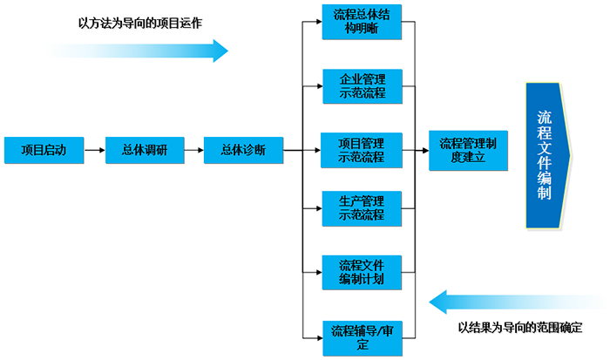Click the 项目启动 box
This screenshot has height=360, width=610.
[x=43, y=149]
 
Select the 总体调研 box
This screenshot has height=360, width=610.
[x=142, y=149]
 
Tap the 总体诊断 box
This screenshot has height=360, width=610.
[x=242, y=149]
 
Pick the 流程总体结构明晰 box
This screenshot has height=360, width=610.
[x=363, y=22]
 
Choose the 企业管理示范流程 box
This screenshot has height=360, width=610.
[x=363, y=85]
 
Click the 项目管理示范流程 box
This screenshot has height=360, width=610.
[x=363, y=149]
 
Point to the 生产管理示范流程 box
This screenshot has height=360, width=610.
[x=363, y=208]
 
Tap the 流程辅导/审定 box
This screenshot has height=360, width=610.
[x=363, y=337]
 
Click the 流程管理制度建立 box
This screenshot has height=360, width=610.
[x=468, y=150]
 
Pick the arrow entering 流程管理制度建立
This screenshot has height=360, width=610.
[x=422, y=150]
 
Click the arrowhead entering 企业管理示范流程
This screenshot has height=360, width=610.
[x=317, y=85]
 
